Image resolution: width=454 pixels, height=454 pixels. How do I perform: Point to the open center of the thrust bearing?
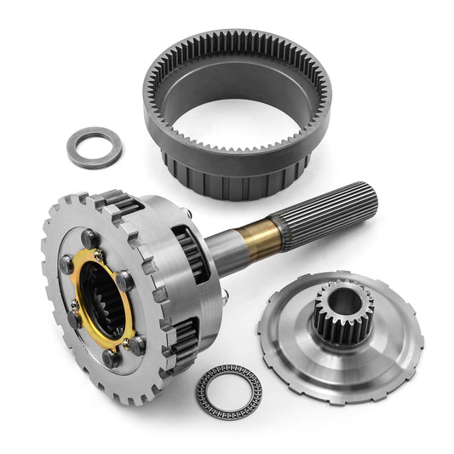231,392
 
